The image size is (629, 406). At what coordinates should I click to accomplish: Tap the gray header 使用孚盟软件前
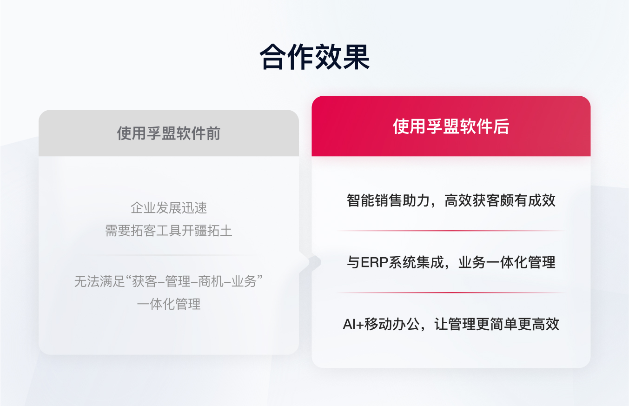tap(168, 134)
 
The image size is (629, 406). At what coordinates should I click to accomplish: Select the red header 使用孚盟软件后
tap(450, 126)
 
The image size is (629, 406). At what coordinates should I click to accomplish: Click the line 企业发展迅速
tap(168, 208)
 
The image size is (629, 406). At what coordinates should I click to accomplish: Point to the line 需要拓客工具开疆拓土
tap(168, 231)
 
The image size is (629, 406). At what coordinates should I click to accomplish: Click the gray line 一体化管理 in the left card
tap(168, 304)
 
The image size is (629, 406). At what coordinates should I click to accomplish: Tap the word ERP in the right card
tap(371, 263)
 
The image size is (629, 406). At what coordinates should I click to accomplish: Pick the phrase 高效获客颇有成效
tap(500, 201)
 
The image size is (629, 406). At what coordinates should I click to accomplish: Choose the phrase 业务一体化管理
tap(507, 263)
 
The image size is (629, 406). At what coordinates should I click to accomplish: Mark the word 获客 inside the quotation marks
tap(144, 282)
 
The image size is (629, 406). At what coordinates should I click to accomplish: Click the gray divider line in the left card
tap(168, 255)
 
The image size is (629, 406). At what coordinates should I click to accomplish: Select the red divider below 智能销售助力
tap(450, 231)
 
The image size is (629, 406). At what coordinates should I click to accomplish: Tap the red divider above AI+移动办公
tap(450, 293)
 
